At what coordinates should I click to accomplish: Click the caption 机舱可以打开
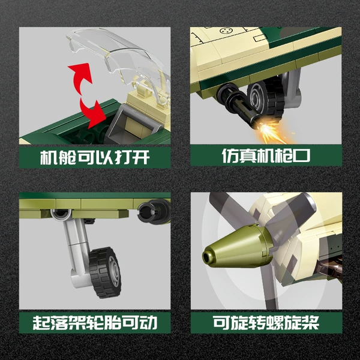click(x=95, y=157)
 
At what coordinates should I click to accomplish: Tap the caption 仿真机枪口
click(x=266, y=156)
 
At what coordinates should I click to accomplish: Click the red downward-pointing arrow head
click(x=97, y=115)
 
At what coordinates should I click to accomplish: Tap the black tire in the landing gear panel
click(x=105, y=272)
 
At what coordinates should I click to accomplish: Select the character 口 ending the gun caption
click(x=302, y=156)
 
